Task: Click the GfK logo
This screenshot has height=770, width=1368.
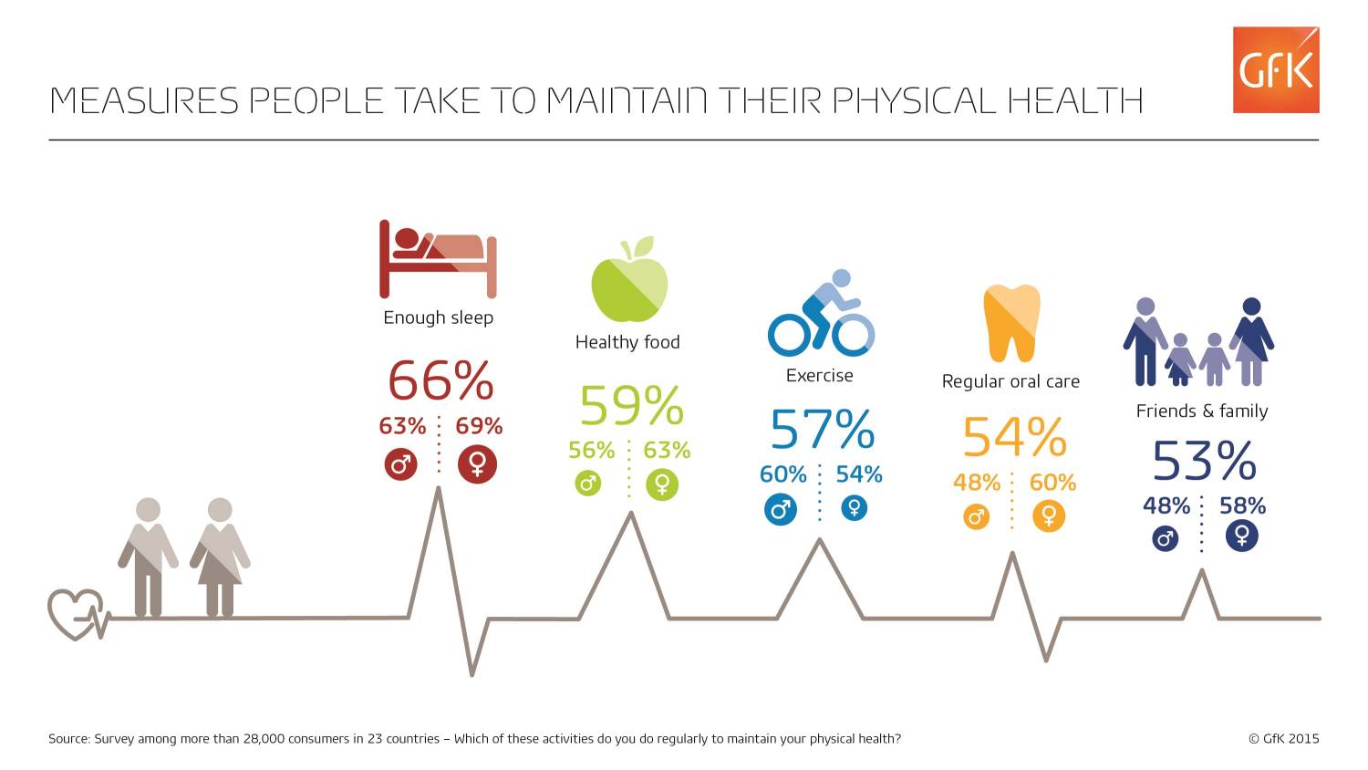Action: pyautogui.click(x=1275, y=70)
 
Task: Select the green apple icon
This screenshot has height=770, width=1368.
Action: pyautogui.click(x=629, y=281)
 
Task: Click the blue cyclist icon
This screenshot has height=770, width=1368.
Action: pyautogui.click(x=821, y=314)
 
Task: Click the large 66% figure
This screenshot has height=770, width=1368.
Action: pyautogui.click(x=440, y=380)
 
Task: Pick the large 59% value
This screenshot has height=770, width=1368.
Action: pyautogui.click(x=631, y=406)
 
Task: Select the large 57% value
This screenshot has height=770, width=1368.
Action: pyautogui.click(x=822, y=430)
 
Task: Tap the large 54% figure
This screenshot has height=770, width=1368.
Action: pyautogui.click(x=1013, y=438)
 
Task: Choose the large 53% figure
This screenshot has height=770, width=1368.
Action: pyautogui.click(x=1204, y=461)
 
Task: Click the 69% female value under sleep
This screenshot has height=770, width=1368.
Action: pyautogui.click(x=479, y=426)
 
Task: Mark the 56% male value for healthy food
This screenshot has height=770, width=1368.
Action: pyautogui.click(x=592, y=450)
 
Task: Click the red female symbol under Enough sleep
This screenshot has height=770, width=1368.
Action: pyautogui.click(x=477, y=464)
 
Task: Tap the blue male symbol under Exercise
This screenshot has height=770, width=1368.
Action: pyautogui.click(x=780, y=508)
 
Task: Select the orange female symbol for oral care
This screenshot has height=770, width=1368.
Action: pyautogui.click(x=1049, y=516)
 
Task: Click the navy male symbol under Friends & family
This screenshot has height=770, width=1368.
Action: pyautogui.click(x=1165, y=538)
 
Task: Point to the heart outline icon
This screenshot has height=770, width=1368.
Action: pyautogui.click(x=76, y=614)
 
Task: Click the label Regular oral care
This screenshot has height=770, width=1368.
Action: pyautogui.click(x=1010, y=381)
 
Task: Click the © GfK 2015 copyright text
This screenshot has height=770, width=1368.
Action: pyautogui.click(x=1283, y=739)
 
